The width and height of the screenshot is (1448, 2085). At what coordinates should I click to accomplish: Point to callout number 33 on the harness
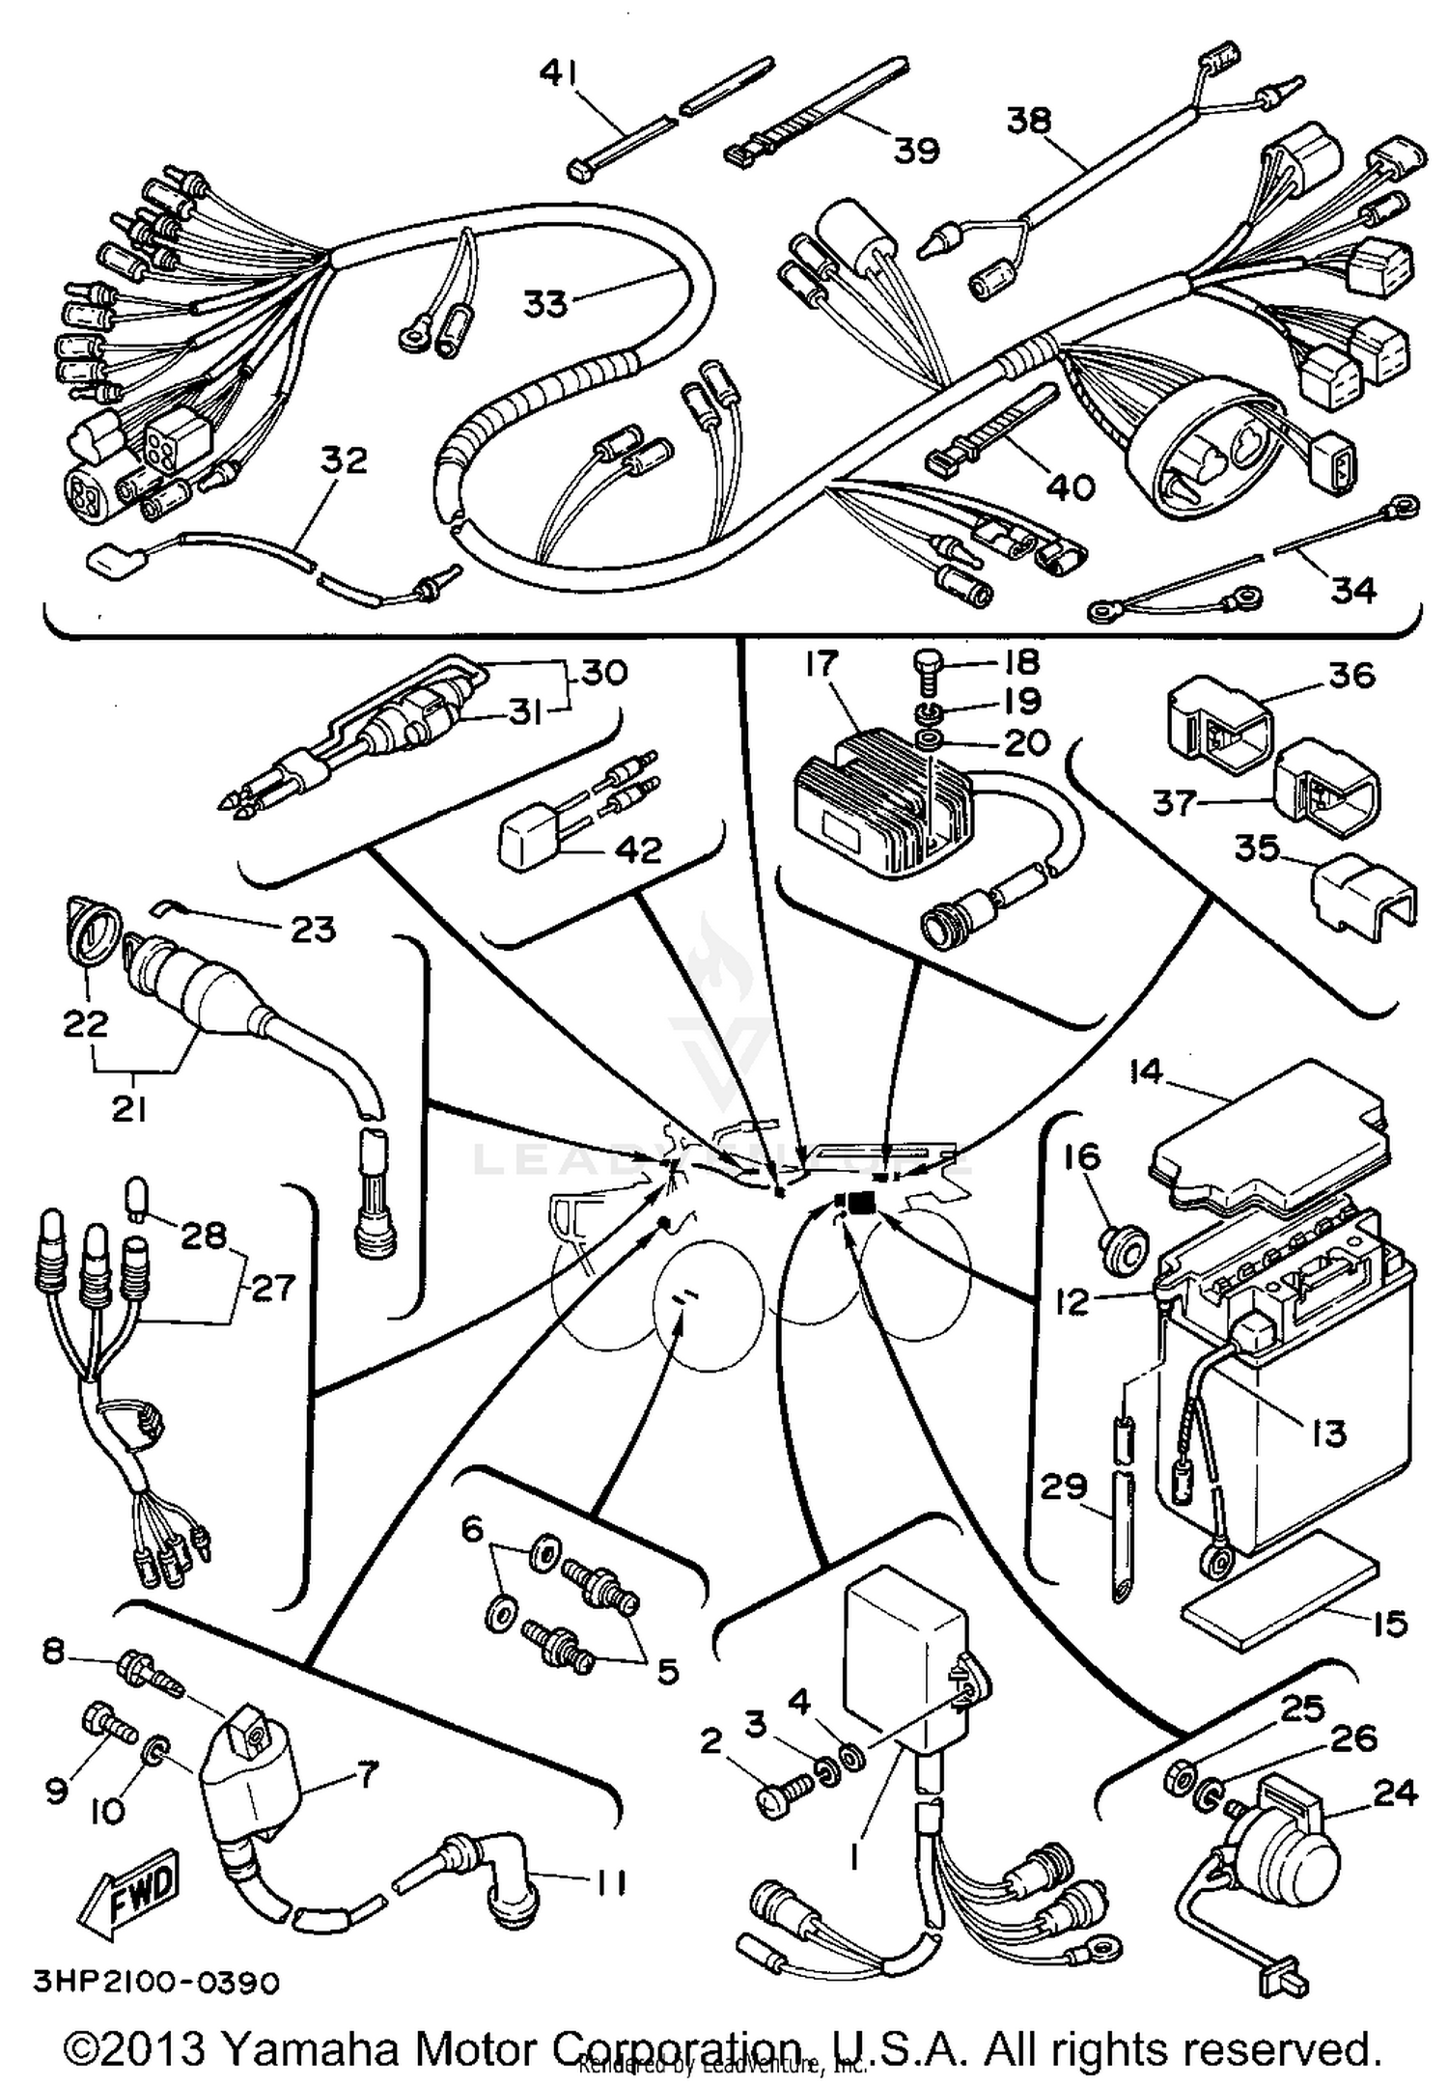tap(545, 303)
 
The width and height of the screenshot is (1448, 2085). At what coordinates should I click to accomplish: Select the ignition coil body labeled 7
tap(246, 1786)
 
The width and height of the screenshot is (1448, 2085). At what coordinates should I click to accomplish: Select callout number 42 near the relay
tap(639, 849)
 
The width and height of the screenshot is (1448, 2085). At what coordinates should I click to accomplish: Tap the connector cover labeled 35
tap(1362, 893)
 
